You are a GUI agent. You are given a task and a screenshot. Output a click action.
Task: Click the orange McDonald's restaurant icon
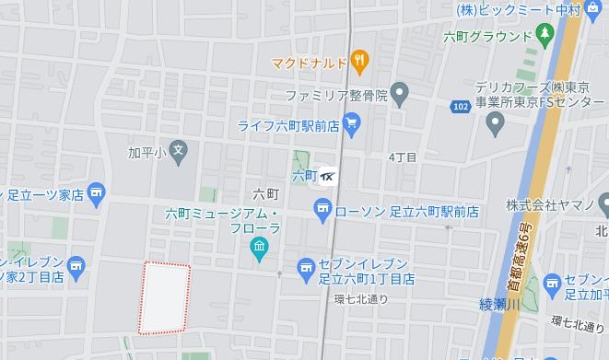point(360,63)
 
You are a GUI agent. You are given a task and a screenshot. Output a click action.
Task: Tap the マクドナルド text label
point(310,64)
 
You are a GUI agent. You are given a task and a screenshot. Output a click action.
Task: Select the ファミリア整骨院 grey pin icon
point(399,92)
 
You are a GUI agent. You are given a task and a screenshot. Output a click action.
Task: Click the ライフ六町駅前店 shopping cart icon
point(350,122)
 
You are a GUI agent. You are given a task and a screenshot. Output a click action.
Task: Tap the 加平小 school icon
point(180,149)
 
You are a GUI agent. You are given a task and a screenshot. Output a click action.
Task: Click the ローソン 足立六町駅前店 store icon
point(322,212)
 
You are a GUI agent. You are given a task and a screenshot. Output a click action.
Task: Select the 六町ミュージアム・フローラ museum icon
point(259,248)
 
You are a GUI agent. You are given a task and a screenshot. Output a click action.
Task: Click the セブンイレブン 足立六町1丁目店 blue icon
point(307,269)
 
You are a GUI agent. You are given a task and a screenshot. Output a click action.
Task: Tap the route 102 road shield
point(460,108)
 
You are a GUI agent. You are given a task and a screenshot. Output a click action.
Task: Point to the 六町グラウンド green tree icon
point(545,35)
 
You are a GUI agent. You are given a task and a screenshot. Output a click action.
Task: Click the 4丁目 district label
point(403,157)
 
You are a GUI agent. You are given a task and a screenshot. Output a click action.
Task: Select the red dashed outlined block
point(165,297)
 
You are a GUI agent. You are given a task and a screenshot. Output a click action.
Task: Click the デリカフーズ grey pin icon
point(496,122)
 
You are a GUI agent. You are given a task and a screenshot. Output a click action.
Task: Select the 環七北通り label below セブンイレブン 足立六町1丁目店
point(360,298)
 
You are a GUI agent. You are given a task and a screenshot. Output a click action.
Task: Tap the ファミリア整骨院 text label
point(335,93)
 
